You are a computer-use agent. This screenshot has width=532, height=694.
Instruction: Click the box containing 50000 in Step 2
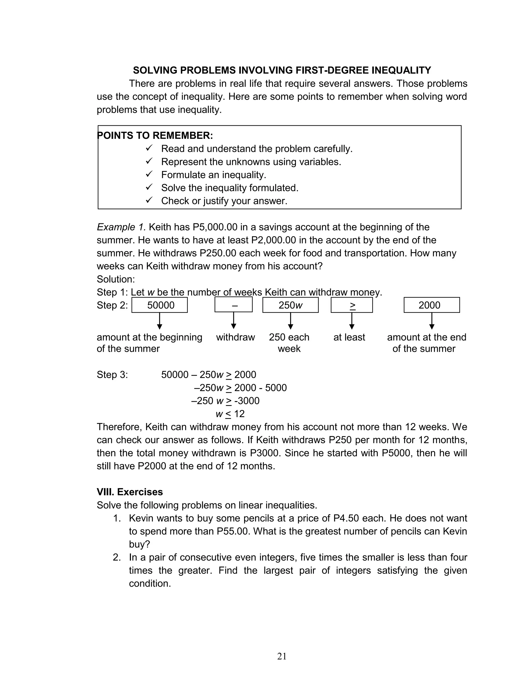coord(159,305)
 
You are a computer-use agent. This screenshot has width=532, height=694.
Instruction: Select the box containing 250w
coord(290,305)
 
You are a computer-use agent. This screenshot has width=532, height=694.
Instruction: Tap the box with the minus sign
coord(233,305)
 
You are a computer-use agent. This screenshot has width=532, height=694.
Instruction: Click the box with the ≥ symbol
coord(351,305)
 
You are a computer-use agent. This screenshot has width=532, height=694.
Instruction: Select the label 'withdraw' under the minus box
coord(235,337)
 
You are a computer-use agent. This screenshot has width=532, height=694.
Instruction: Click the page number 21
coord(282,656)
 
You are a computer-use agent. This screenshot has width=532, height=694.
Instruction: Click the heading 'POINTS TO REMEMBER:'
coord(155,136)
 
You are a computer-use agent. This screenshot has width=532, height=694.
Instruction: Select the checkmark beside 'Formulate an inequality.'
coord(149,174)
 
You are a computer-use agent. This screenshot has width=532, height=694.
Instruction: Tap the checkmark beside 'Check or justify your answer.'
coord(149,200)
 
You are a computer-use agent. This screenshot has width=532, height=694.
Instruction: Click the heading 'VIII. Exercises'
coord(130,492)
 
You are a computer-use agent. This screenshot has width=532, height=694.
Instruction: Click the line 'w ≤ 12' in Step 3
coord(230,414)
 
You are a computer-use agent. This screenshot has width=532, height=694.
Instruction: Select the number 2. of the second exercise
coord(117,557)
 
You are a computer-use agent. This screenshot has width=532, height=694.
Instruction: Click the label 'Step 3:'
coord(112,375)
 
